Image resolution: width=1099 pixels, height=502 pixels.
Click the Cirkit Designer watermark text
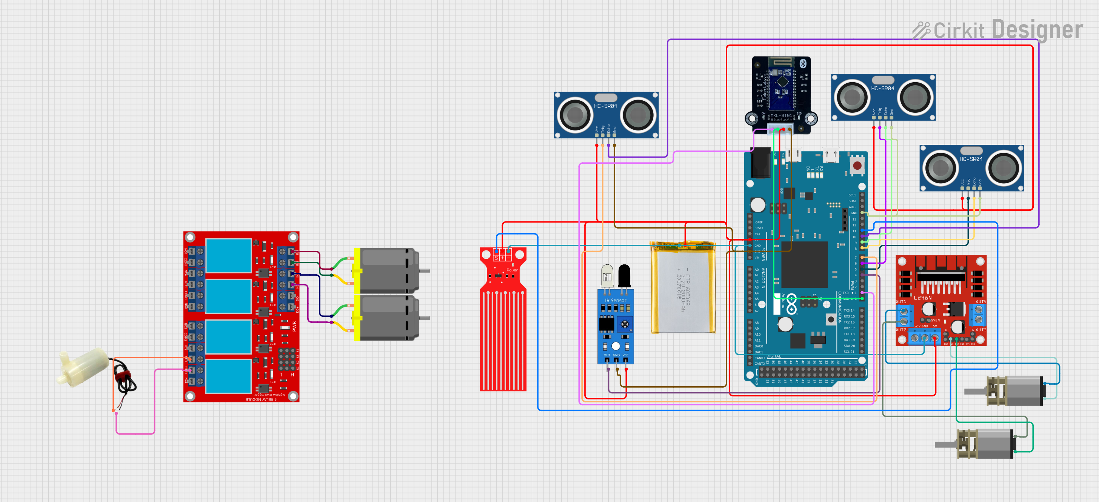coord(1007,30)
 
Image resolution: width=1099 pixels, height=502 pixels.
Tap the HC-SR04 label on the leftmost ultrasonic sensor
coord(605,106)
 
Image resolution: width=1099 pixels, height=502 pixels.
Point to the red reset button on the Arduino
coord(857,165)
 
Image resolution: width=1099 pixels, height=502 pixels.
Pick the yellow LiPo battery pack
coord(683,288)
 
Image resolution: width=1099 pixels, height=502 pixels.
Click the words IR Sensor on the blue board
coord(615,300)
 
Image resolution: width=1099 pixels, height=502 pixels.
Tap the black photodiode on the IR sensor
coord(624,275)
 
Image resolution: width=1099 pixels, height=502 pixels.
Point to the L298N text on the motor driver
coord(922,297)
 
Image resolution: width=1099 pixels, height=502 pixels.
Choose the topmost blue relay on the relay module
coord(228,255)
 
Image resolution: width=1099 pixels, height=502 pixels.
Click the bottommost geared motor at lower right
coord(981,444)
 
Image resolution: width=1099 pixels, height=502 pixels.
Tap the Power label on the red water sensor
coord(512,270)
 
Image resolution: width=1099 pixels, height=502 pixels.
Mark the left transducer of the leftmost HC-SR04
coord(575,114)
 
